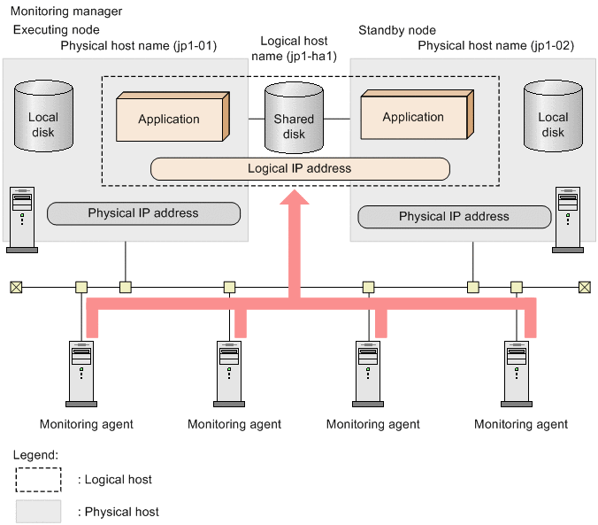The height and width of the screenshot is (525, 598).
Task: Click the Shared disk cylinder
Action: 294,119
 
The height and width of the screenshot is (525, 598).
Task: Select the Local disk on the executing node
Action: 42,118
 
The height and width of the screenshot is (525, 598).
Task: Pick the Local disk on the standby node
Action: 553,118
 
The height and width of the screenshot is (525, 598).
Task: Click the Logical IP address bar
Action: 300,168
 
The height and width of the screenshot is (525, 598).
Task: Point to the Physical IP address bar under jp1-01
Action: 143,213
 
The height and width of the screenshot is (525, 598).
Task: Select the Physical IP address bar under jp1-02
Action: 454,216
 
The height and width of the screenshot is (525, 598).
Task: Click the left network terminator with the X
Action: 15,287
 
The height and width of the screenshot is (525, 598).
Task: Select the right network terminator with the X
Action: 583,287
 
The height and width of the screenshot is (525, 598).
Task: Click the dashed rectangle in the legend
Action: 38,479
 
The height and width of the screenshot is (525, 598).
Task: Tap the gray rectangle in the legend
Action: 38,511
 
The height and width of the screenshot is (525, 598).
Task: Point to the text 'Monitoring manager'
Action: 66,12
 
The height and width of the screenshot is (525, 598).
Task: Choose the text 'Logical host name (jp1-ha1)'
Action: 294,49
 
